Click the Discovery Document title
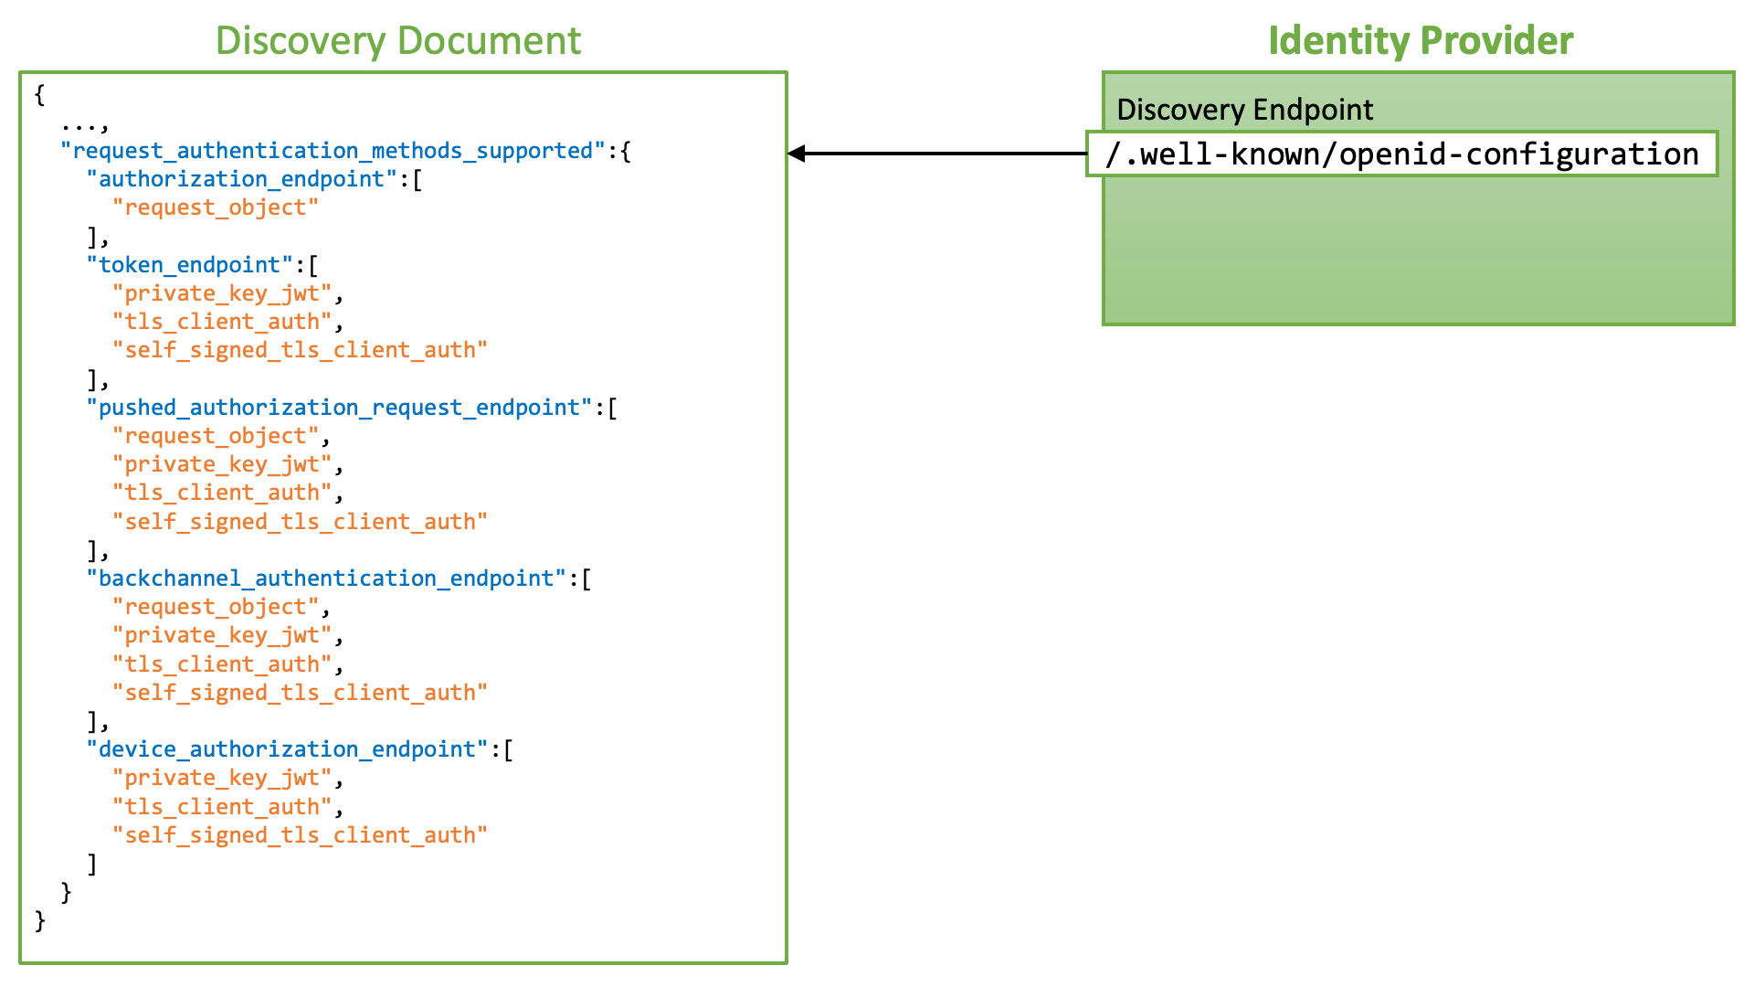pos(398,41)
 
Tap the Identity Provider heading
pos(1421,41)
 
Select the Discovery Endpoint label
pos(1244,110)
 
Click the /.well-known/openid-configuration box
pos(1402,154)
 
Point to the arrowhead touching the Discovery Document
pos(796,154)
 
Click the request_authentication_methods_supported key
pos(333,151)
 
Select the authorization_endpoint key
pos(241,179)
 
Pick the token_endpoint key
pos(189,265)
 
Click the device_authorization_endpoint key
pos(287,749)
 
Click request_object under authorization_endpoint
pos(216,207)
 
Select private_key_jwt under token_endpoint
pos(222,293)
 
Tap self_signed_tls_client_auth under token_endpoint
pos(300,350)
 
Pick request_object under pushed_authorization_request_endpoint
pos(216,436)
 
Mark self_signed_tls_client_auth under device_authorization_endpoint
pos(300,835)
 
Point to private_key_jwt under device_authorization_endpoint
pos(222,778)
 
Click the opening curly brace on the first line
pos(39,94)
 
